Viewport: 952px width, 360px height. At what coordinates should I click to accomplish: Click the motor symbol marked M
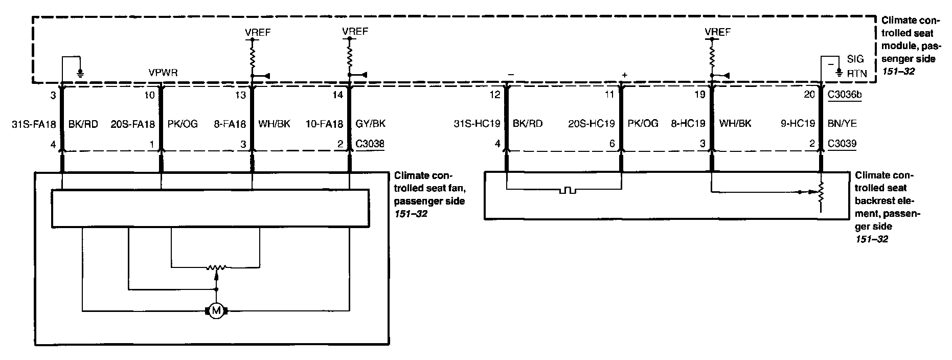[216, 310]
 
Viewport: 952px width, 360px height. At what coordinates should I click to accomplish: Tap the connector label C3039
[843, 144]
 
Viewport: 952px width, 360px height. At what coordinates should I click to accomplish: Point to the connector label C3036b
[845, 94]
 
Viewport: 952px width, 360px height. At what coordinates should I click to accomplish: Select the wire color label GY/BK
[371, 124]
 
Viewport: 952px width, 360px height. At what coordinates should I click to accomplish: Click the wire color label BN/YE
[842, 124]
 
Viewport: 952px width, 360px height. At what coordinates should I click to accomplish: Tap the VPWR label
[163, 73]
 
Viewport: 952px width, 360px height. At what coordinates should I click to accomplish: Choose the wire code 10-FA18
[325, 124]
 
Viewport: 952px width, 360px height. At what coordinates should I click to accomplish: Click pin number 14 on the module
[338, 94]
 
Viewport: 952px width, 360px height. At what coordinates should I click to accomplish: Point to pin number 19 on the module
[699, 94]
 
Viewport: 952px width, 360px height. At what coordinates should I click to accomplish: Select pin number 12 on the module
[494, 94]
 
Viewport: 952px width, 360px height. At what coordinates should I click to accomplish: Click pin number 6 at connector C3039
[611, 144]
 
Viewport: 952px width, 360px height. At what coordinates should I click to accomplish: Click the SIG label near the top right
[855, 59]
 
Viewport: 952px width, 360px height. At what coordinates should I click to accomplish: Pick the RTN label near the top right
[857, 74]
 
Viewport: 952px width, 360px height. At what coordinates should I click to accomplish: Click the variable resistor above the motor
[216, 267]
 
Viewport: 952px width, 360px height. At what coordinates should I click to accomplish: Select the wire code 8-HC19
[688, 124]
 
